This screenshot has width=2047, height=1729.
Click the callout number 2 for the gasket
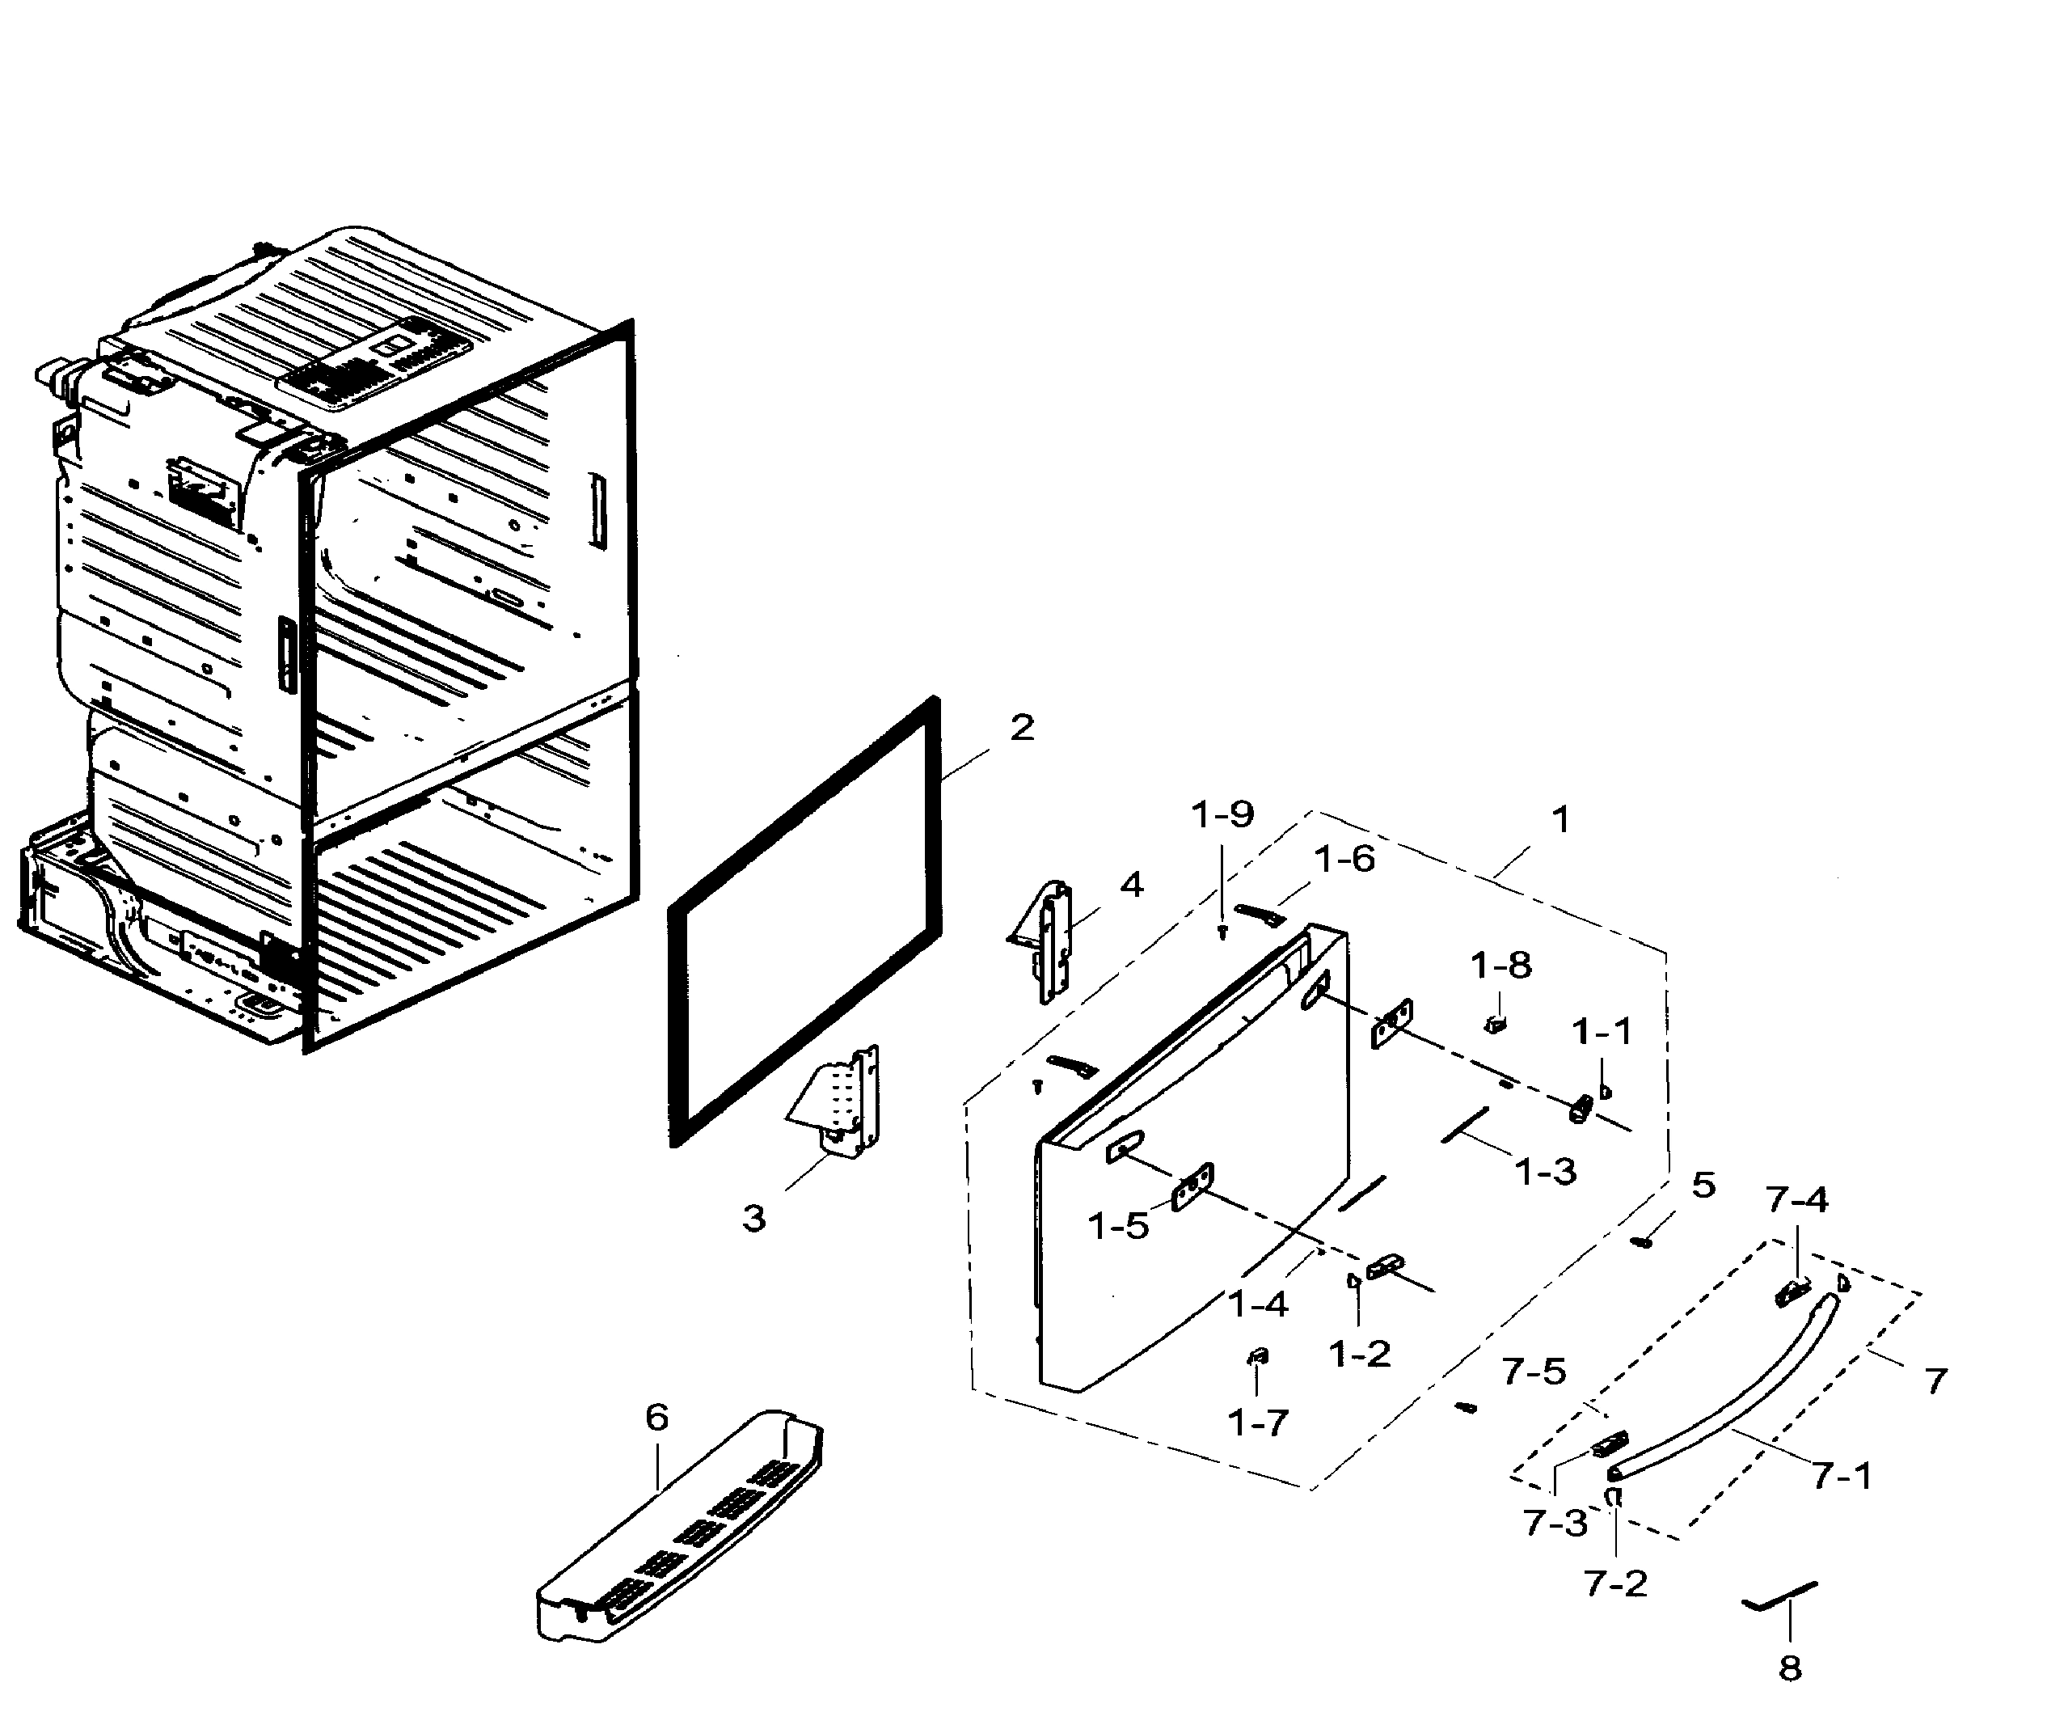tap(1021, 729)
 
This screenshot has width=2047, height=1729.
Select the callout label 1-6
tap(1344, 860)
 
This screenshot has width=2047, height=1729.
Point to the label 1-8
tap(1500, 966)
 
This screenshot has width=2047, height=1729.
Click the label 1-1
tap(1602, 1031)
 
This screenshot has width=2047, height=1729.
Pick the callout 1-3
tap(1545, 1170)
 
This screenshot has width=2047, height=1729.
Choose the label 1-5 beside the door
tap(1118, 1225)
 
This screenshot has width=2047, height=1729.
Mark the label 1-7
tap(1257, 1423)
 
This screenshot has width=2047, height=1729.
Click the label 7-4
tap(1797, 1200)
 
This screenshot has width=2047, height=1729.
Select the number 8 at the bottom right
tap(1789, 1668)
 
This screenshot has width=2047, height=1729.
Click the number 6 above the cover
tap(656, 1418)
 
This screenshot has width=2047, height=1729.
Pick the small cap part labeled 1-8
tap(1494, 1025)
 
